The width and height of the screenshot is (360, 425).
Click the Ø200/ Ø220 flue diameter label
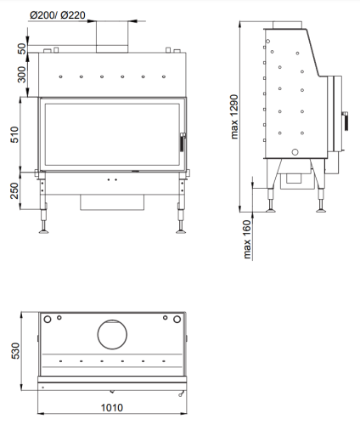(x=58, y=15)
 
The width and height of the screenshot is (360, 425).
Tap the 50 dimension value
(x=22, y=48)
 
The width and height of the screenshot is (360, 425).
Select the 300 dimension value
(x=22, y=74)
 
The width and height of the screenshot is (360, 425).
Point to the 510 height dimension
(x=14, y=134)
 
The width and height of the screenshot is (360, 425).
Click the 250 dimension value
(x=14, y=190)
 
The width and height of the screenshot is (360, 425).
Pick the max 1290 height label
(x=234, y=116)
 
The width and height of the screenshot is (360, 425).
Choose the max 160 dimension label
(x=247, y=240)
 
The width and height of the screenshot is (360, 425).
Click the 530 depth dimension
(x=15, y=351)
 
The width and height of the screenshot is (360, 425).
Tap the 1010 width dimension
(x=112, y=408)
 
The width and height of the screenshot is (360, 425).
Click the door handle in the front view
(x=183, y=142)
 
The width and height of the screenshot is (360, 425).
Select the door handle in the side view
(x=346, y=121)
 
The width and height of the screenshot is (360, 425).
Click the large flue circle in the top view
(x=112, y=335)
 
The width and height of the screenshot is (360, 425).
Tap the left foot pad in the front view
(x=43, y=232)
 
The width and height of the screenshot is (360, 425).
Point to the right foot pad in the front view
(x=181, y=232)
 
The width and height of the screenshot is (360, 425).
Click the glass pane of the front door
(x=112, y=134)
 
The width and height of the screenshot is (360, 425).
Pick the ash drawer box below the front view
(x=112, y=202)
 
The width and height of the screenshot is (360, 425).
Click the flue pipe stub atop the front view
(x=112, y=37)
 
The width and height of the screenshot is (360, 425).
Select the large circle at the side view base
(x=295, y=152)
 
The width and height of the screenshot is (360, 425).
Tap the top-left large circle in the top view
(x=48, y=320)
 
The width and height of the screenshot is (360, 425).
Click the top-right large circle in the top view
(x=177, y=320)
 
